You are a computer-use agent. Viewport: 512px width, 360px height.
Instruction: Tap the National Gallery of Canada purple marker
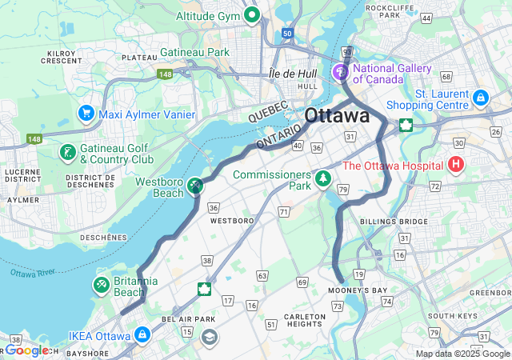pos(342,73)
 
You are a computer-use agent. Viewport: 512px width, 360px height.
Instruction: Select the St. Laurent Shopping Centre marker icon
pos(480,98)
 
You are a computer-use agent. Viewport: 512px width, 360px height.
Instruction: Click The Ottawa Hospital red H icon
pos(456,166)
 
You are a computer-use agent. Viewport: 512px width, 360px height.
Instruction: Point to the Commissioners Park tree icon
pos(323,178)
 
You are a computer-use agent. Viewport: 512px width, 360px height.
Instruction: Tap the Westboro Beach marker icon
pos(194,186)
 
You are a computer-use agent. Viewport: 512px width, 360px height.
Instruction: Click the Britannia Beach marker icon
pos(101,285)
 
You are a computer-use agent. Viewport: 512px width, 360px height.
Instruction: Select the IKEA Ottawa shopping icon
pos(142,334)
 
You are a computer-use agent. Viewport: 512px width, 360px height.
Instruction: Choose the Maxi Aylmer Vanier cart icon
pos(86,114)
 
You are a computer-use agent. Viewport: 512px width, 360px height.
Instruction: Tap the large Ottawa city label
pos(337,115)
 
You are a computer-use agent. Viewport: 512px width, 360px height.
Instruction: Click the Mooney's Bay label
pos(358,290)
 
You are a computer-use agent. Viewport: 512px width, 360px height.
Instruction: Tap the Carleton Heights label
pos(305,320)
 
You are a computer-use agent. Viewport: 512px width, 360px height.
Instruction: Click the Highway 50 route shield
pos(287,34)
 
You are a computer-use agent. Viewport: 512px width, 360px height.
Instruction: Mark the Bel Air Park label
pos(189,318)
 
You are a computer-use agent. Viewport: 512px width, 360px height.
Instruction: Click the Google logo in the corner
pos(28,350)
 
